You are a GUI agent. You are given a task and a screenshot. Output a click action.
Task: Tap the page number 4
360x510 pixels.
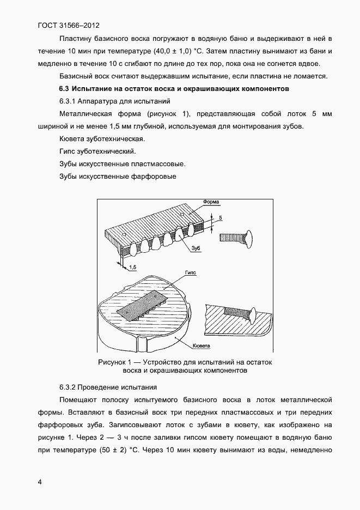click(40, 482)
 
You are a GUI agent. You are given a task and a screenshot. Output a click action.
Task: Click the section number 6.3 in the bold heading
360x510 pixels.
click(64, 88)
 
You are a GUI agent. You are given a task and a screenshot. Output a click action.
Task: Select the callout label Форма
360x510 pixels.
click(211, 202)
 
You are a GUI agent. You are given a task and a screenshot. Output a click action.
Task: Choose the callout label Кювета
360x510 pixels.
click(201, 345)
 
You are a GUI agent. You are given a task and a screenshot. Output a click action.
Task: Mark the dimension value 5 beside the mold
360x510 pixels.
click(221, 217)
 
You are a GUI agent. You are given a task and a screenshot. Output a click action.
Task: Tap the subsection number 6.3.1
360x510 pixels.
click(68, 101)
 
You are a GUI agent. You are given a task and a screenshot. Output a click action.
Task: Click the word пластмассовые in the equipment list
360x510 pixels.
click(157, 163)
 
